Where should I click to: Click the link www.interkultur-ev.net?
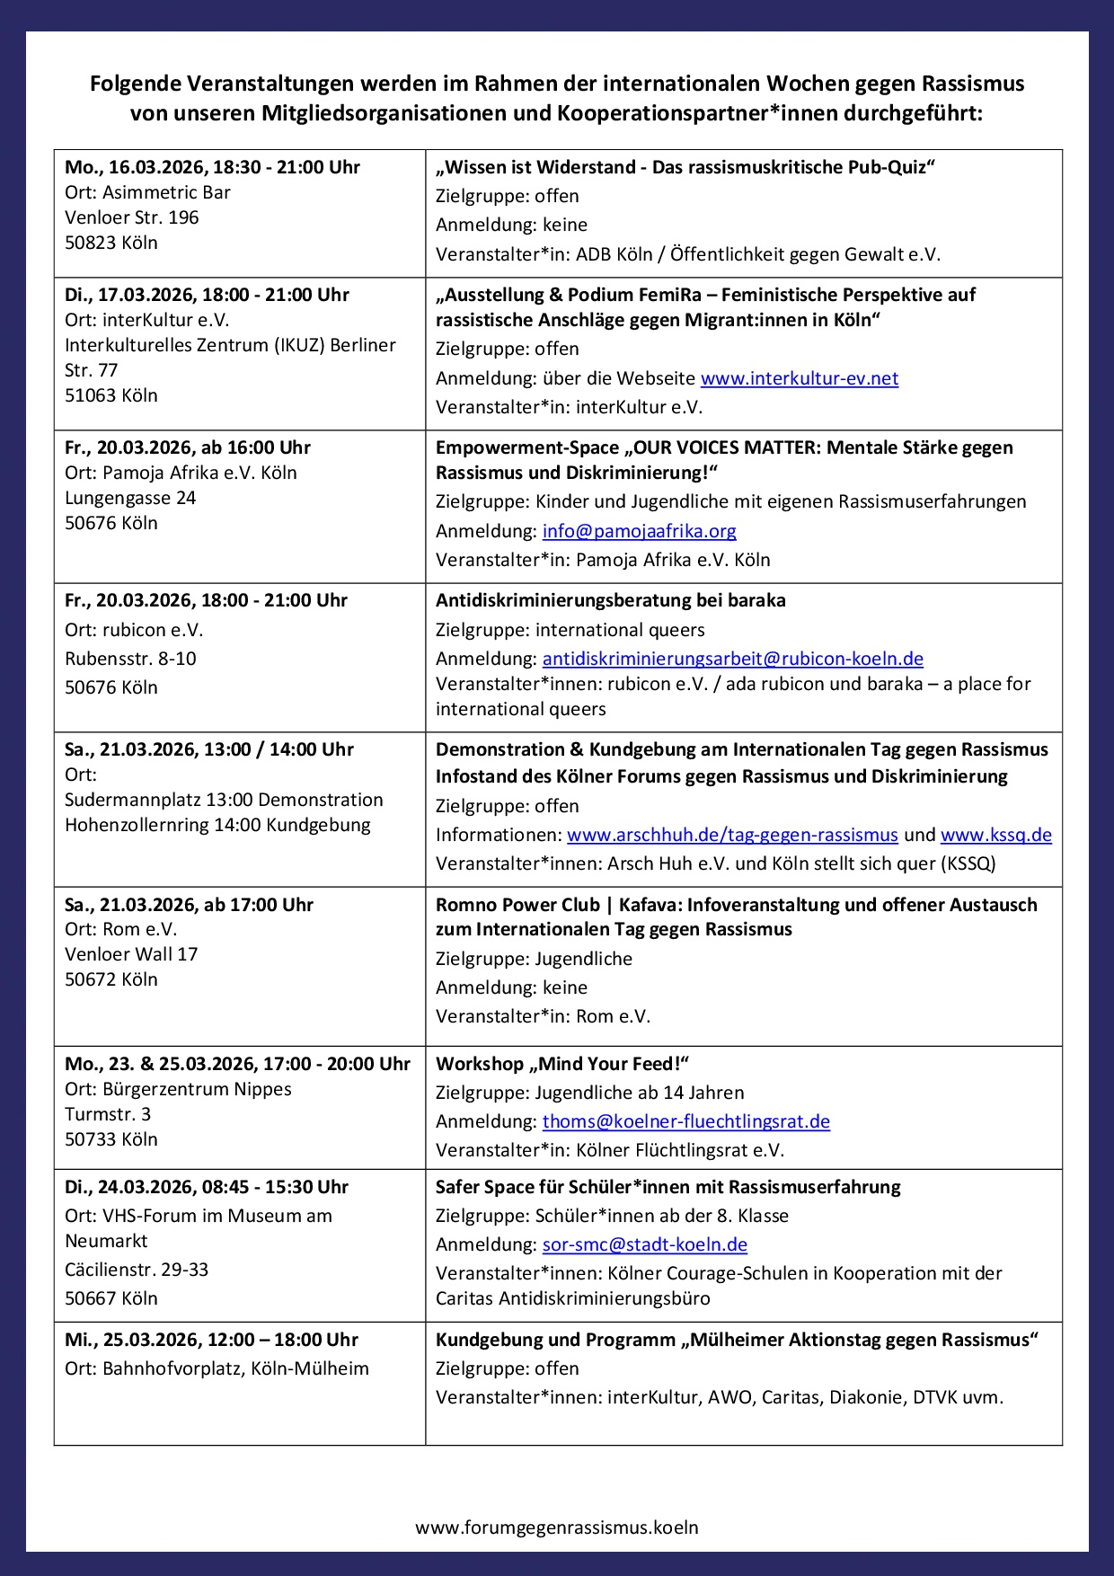(x=799, y=378)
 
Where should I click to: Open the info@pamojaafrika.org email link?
(x=639, y=531)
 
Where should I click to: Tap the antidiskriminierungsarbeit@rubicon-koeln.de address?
(x=732, y=659)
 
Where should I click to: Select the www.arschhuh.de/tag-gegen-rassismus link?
(x=732, y=835)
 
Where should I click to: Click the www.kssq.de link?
(x=995, y=835)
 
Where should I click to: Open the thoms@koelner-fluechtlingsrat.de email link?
(x=685, y=1121)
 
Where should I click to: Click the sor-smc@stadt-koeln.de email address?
(x=644, y=1244)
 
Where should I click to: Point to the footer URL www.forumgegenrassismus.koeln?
(x=557, y=1527)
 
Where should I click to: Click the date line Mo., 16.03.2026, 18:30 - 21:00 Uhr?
(x=212, y=167)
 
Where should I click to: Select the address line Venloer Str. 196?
(x=131, y=217)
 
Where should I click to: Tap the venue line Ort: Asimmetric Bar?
(x=147, y=192)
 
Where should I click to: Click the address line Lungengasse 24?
(x=130, y=498)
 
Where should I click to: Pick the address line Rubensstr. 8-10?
(x=130, y=659)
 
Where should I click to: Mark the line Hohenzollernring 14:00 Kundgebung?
(x=217, y=825)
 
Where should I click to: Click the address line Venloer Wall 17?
(x=131, y=954)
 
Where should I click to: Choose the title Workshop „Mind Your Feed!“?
(x=561, y=1064)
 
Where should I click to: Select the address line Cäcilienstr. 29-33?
(x=137, y=1270)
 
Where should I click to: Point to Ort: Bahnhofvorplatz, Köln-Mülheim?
(x=217, y=1368)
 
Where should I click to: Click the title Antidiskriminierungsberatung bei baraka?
(x=610, y=600)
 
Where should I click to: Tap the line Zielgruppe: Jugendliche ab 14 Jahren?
(x=589, y=1093)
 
